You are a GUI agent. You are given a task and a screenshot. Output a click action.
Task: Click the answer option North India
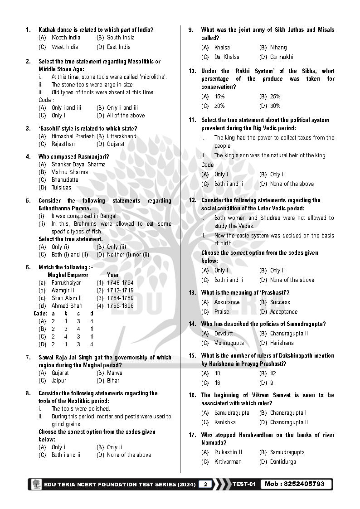66,38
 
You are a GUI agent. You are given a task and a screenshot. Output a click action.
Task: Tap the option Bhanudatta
65,179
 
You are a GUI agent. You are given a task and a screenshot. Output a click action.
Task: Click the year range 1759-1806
120,305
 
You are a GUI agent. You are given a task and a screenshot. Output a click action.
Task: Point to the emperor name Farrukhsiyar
66,282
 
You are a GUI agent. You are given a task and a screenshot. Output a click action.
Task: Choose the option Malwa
115,373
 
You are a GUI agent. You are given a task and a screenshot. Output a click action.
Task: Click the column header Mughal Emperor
68,275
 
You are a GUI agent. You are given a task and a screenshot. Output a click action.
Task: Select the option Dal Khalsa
227,57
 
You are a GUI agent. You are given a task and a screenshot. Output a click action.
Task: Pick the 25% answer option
275,96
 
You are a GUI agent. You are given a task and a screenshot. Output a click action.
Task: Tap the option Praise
222,311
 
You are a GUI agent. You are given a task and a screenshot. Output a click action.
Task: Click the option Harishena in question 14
282,343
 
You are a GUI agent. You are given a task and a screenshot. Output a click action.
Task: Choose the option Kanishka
225,422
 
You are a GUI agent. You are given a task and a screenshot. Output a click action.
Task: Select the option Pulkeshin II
228,452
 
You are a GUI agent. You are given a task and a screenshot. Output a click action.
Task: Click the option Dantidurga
283,461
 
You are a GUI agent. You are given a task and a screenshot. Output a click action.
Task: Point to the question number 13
192,292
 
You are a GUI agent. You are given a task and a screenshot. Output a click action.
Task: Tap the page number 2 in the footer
205,484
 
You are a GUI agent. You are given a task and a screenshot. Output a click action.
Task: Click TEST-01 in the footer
244,484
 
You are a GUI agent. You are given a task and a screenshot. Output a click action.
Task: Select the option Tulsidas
61,187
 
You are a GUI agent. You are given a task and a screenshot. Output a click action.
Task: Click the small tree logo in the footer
36,484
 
